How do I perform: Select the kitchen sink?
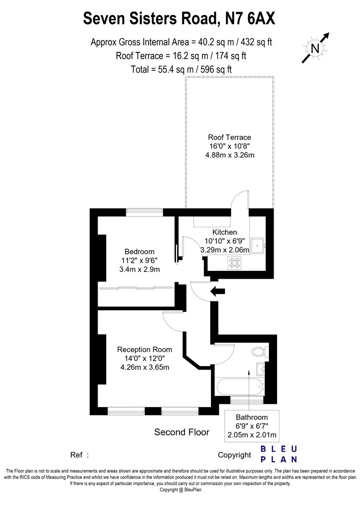tap(259, 245)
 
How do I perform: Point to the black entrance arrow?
tap(218, 291)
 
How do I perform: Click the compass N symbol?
tap(315, 48)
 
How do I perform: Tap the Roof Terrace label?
tap(229, 137)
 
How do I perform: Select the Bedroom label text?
tap(139, 252)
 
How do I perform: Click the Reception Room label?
tap(145, 350)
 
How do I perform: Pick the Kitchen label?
tap(225, 232)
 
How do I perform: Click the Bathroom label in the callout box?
tap(252, 417)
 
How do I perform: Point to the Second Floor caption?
tap(181, 432)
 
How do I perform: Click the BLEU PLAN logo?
tap(279, 454)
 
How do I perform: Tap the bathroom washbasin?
tap(261, 369)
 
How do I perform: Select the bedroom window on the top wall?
tap(144, 212)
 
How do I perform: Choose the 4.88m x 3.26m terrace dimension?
tap(229, 155)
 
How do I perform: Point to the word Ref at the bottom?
tap(76, 455)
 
